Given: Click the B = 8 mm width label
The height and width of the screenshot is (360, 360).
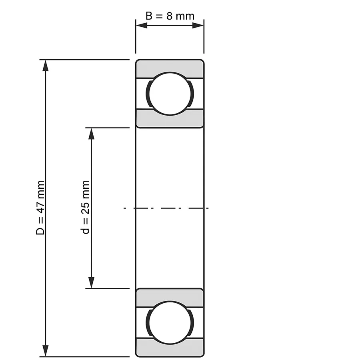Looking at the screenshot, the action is [x=170, y=16].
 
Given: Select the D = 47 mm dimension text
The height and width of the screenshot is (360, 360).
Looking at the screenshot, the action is [x=40, y=208].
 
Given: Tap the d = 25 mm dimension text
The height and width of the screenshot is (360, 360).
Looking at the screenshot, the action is [x=86, y=207].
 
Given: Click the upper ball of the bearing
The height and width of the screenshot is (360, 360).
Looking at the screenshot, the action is [x=170, y=94].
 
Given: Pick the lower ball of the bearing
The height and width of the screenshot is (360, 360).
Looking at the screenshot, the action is [x=170, y=322].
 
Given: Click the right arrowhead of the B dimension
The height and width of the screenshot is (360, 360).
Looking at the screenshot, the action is [x=198, y=26].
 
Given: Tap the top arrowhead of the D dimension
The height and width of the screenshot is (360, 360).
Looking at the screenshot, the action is [x=46, y=66].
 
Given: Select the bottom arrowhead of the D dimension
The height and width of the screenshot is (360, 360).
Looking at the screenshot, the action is [x=46, y=351].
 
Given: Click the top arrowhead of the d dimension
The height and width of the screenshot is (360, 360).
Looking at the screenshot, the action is [x=91, y=134].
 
